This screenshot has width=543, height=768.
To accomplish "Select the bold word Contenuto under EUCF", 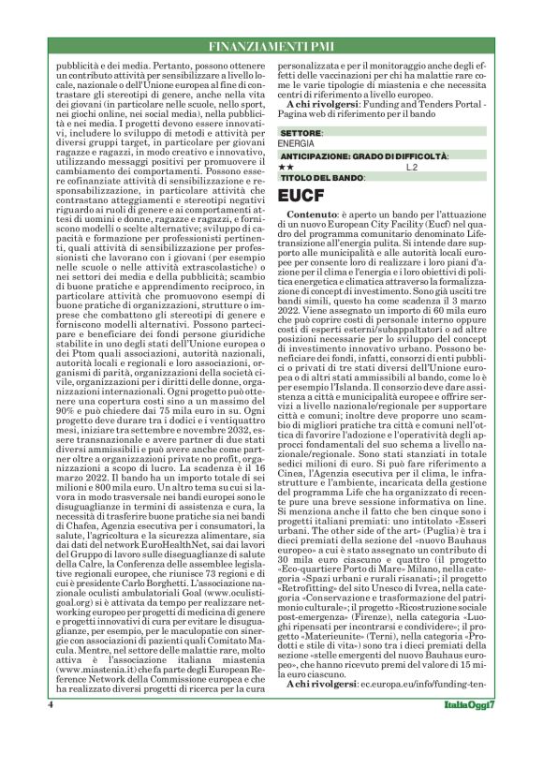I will [x=312, y=214].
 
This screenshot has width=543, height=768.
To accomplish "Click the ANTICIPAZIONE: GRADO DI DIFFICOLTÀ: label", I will [x=362, y=155].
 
